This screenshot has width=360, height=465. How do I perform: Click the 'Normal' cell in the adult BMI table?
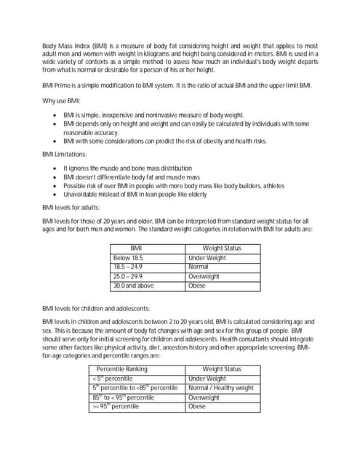tap(198, 267)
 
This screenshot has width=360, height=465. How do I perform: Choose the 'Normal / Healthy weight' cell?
tap(220, 388)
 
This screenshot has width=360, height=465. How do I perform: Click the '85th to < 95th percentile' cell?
tap(123, 397)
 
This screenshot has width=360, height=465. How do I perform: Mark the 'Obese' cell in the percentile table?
tap(197, 407)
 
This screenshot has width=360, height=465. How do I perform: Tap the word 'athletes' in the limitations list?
tap(270, 185)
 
